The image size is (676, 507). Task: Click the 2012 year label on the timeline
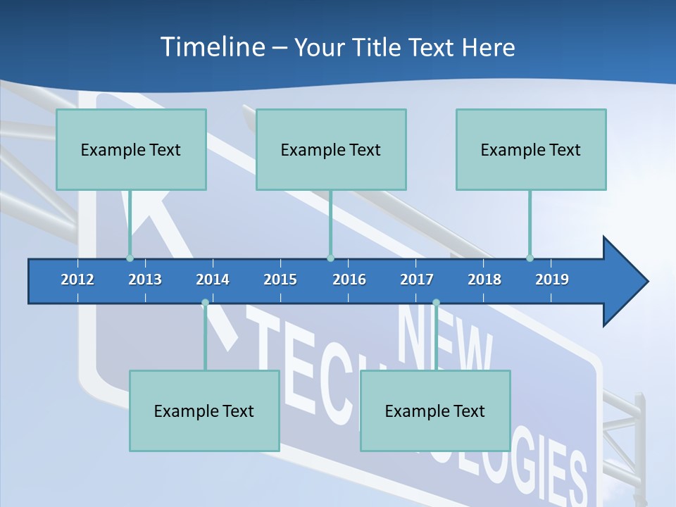tap(77, 280)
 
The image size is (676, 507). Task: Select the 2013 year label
tap(145, 280)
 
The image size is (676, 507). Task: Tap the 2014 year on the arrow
tap(213, 280)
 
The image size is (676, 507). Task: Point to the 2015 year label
tap(280, 280)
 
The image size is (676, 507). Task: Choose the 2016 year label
tap(349, 280)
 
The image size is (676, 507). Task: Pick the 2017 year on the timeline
tap(417, 280)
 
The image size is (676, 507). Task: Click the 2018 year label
tap(484, 280)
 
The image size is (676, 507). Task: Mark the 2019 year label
tap(552, 280)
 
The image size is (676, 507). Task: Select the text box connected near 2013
tap(131, 149)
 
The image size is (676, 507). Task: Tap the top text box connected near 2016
tap(331, 149)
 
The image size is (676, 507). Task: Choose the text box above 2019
tap(531, 149)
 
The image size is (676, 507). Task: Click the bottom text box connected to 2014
tap(204, 411)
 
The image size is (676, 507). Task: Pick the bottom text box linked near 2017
tap(435, 411)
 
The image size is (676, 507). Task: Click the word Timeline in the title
tap(212, 47)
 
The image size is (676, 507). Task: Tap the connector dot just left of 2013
tap(130, 258)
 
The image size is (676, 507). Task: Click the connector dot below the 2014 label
tap(205, 303)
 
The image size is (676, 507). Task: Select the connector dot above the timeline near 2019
tap(530, 258)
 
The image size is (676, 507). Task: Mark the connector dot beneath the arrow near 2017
tap(436, 303)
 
